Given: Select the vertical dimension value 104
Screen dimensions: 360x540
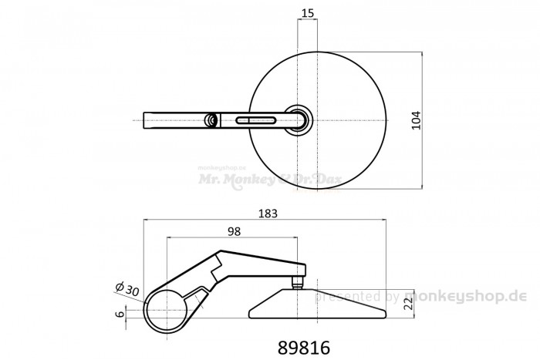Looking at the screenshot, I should pos(417,120).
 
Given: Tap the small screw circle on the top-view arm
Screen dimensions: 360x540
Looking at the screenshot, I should pos(211,119).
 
